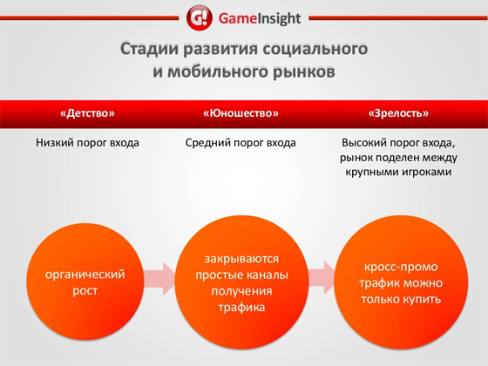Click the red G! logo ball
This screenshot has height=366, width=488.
click(200, 17)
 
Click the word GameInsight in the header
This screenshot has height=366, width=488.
click(260, 18)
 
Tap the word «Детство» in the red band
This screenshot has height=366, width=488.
click(87, 113)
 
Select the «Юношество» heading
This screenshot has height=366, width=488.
click(241, 113)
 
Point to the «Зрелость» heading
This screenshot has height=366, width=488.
click(398, 113)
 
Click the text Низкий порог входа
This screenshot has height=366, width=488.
click(87, 143)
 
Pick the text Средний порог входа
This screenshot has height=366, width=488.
click(241, 143)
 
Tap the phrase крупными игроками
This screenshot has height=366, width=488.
click(398, 172)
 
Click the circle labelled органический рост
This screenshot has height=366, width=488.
click(85, 281)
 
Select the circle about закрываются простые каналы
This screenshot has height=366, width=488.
click(242, 281)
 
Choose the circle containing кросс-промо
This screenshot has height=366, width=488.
click(401, 281)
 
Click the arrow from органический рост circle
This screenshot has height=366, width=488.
click(159, 279)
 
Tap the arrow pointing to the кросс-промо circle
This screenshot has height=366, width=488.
click(322, 278)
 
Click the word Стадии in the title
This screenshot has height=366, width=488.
click(148, 49)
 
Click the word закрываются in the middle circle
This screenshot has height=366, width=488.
click(242, 259)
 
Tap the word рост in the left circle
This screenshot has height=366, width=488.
click(85, 291)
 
